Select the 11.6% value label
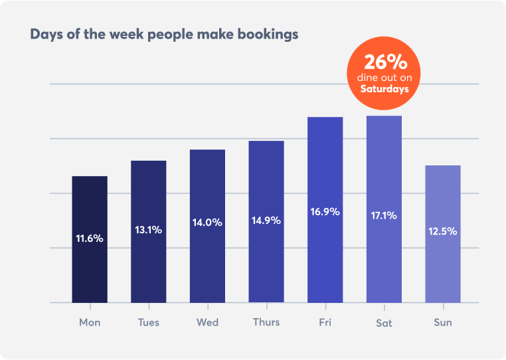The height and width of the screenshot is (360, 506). [x=90, y=238]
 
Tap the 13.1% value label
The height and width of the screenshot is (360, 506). [x=148, y=230]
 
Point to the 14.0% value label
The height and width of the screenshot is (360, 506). [x=207, y=223]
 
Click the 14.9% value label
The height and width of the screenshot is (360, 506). [x=266, y=220]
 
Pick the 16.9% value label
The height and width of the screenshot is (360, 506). [x=325, y=212]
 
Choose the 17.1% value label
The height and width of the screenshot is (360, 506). [x=384, y=215]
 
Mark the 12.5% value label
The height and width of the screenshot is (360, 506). [x=443, y=231]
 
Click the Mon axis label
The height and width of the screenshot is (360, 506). [x=90, y=323]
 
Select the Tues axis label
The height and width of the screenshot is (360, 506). [x=149, y=323]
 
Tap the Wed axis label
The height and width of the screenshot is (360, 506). [x=207, y=323]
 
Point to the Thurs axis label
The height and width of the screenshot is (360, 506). [x=266, y=322]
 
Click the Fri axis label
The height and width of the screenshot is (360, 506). [x=325, y=323]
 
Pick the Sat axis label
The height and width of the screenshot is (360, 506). [x=384, y=323]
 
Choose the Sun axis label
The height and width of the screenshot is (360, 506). [x=443, y=323]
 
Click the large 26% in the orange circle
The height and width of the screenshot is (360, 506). [x=385, y=62]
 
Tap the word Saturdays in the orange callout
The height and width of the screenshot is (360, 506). [x=384, y=88]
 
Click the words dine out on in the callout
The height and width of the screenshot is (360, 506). [x=385, y=78]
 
